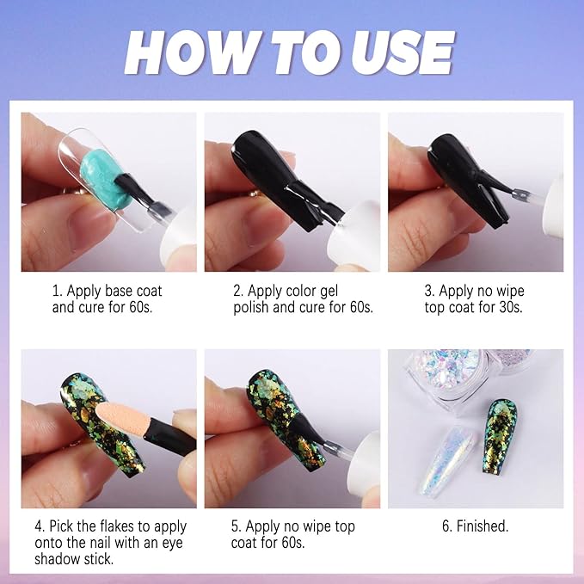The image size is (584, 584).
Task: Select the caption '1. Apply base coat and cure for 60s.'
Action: coord(107,299)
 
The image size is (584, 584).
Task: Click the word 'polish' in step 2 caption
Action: coord(250,308)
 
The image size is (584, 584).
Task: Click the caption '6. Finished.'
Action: coord(476,526)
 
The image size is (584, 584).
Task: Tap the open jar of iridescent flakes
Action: coord(447,376)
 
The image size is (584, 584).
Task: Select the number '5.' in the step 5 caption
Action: coord(237,526)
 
